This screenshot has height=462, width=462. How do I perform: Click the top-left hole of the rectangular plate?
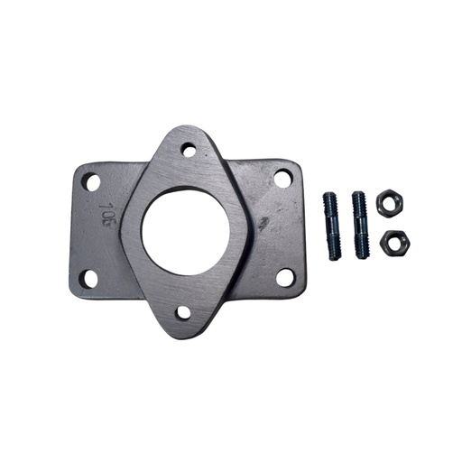point(90,181)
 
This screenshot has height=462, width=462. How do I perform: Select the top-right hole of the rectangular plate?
point(282,179)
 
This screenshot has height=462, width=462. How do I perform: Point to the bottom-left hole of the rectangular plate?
point(88,279)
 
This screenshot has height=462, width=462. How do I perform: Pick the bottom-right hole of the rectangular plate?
point(284,277)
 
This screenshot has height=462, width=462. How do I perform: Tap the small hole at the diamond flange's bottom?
point(183,313)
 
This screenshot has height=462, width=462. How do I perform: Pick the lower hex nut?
point(392,242)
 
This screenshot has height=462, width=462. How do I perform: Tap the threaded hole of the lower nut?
point(392,242)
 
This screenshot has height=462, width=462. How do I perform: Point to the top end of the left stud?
point(330,194)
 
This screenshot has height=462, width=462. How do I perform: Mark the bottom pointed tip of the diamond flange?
point(183,336)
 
